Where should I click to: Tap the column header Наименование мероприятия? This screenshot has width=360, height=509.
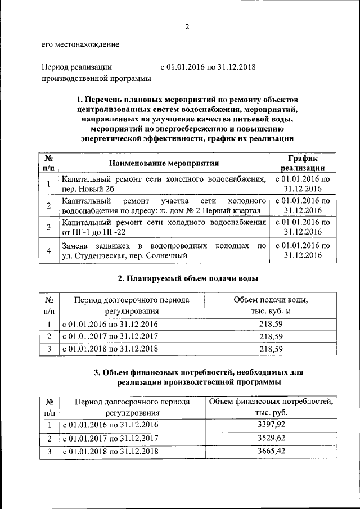point(164,163)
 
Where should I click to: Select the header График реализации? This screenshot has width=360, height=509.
point(303,163)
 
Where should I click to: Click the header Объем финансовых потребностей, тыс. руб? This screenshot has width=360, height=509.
point(271,406)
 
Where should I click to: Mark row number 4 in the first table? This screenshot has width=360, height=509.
point(49,250)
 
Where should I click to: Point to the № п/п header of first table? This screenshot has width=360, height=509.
point(49,163)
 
